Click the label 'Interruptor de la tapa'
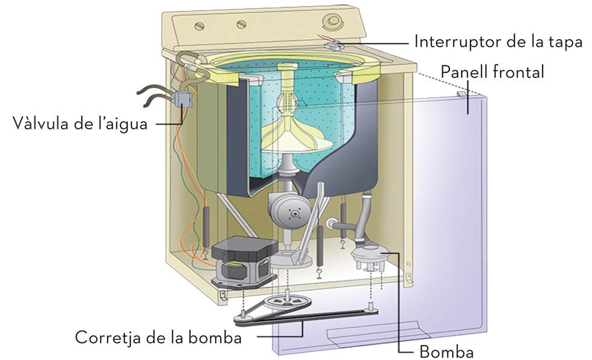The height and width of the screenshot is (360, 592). point(498,42)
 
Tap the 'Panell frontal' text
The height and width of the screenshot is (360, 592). point(492,72)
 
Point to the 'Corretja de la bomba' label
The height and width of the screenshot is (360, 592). point(158,337)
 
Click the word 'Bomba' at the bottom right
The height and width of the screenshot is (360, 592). point(447,351)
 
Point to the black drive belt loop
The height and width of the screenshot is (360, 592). point(302,320)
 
